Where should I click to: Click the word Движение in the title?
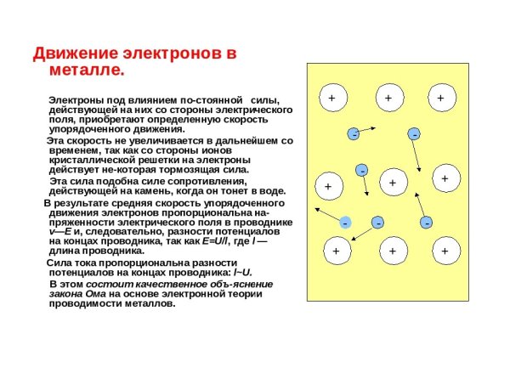tap(72, 54)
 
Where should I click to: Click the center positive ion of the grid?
tap(392, 183)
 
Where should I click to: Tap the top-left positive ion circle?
tap(331, 99)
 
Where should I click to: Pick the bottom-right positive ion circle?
tap(444, 251)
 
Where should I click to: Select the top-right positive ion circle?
tap(440, 99)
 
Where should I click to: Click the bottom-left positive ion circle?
tap(336, 251)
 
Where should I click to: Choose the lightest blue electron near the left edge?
tap(346, 222)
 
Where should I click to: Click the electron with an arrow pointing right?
tap(353, 134)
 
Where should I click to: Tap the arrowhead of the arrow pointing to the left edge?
tap(316, 207)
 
